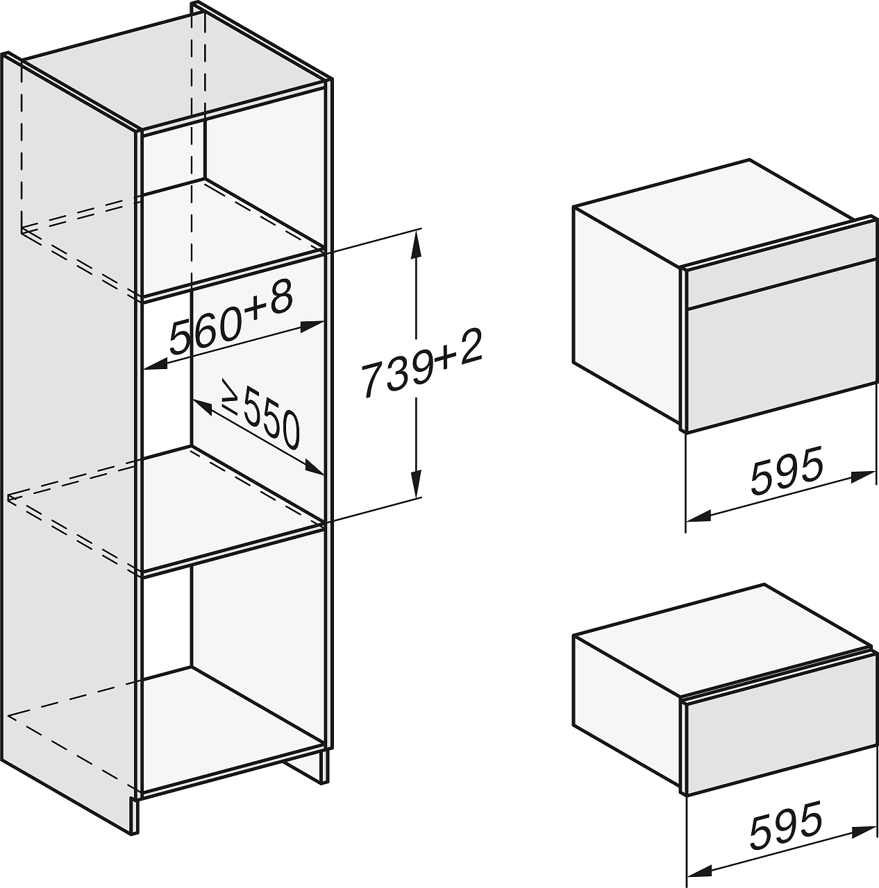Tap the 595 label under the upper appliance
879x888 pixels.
tap(787, 470)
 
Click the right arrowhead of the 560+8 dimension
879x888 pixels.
tap(312, 326)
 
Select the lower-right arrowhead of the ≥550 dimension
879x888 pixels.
tap(315, 468)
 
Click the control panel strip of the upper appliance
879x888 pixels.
tap(780, 284)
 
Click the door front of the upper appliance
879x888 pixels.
tap(780, 360)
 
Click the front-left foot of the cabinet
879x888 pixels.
tap(135, 802)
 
